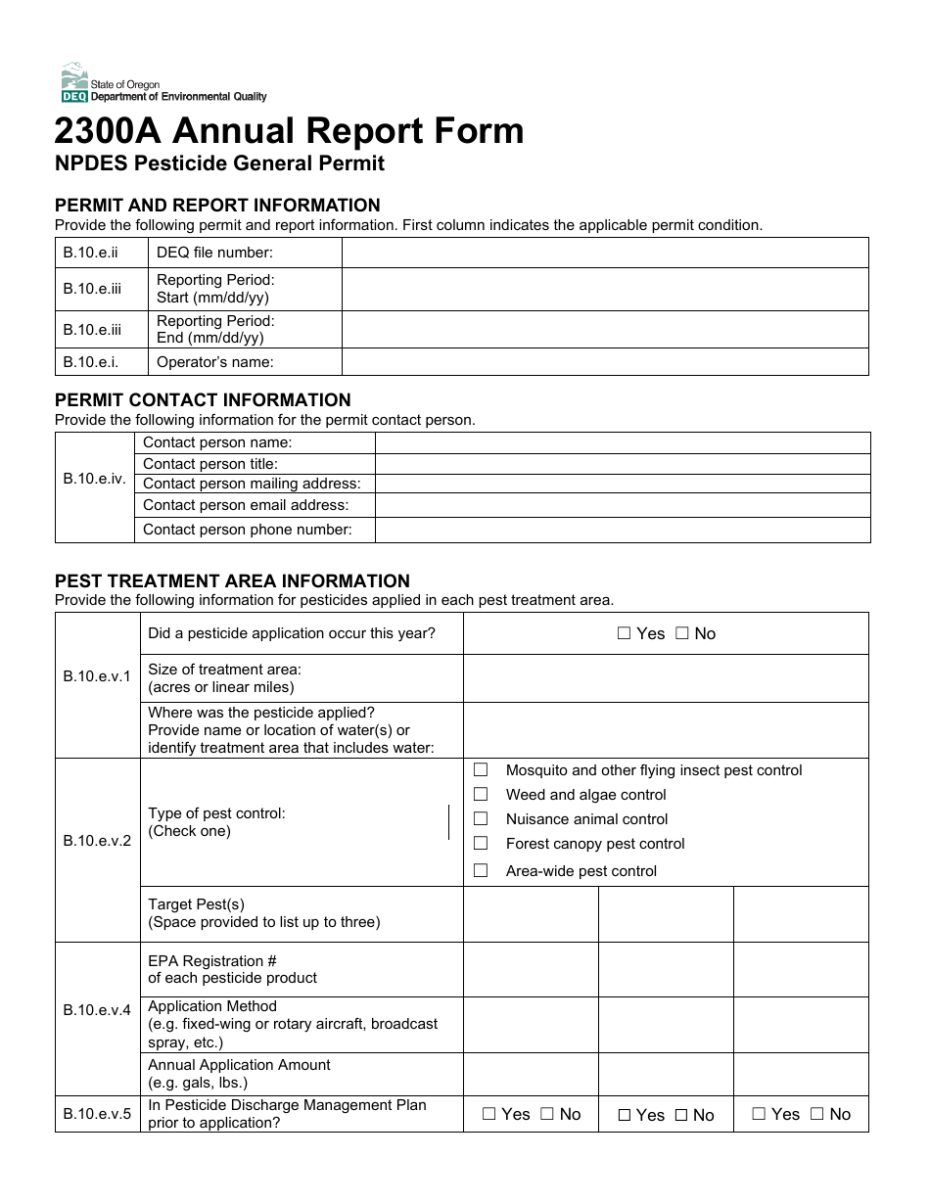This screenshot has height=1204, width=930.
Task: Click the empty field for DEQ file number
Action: pos(604,253)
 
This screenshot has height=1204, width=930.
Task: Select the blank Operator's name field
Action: pos(604,361)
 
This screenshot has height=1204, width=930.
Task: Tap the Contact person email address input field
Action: pos(622,505)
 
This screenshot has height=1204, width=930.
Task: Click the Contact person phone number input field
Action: pos(622,530)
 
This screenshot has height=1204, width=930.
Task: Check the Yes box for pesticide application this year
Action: pos(625,633)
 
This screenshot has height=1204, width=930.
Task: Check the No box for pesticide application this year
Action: pos(682,633)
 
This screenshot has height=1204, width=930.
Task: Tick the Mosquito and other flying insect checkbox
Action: pos(481,770)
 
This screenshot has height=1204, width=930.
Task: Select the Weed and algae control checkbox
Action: pos(481,795)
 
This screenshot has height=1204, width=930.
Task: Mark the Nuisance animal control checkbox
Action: pos(481,819)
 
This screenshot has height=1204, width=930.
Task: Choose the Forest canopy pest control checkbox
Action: pos(481,844)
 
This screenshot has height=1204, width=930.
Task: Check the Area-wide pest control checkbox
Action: pos(481,870)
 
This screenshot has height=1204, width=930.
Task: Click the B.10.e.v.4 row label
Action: pos(97,1010)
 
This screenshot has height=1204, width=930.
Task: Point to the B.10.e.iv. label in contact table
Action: pos(95,479)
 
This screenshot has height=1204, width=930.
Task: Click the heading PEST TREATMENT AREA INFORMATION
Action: pos(232,581)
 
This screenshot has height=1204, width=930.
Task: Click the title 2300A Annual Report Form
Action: pos(289,131)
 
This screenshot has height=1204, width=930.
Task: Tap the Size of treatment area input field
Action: pos(665,678)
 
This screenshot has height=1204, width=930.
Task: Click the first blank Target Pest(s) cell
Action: pos(531,914)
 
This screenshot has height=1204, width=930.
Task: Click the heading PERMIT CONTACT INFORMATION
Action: pos(203,400)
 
